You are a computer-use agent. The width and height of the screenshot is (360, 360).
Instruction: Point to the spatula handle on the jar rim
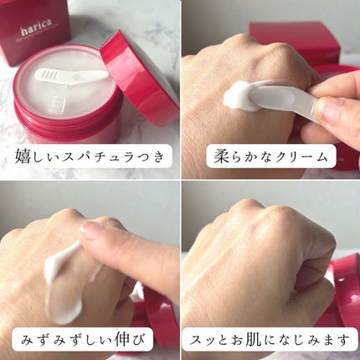point(92,76)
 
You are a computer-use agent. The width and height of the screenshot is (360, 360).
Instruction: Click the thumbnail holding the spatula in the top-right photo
point(329,111)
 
